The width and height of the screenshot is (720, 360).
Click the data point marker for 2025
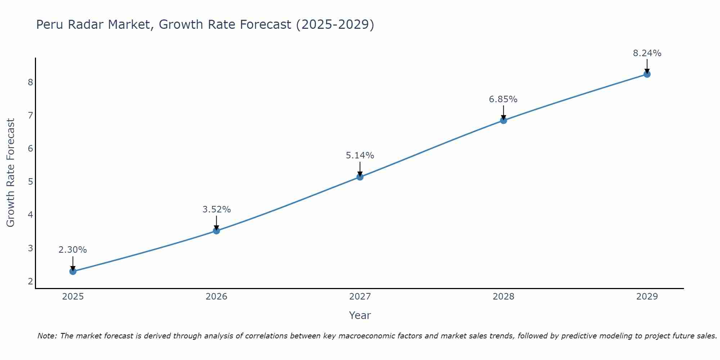[73, 271]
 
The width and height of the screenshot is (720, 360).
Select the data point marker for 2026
[216, 231]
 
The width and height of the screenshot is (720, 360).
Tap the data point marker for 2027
[360, 177]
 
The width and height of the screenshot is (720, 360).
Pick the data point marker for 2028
[503, 120]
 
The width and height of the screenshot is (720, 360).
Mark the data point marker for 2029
[647, 74]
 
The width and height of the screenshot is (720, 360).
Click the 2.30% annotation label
[73, 250]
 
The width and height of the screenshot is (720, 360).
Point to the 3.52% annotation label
[216, 210]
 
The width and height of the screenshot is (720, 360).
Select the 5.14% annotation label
[360, 156]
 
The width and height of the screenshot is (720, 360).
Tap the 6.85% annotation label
[503, 99]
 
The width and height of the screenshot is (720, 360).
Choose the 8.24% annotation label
[647, 53]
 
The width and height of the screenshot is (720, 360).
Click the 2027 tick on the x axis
[360, 297]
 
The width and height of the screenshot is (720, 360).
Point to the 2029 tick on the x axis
[647, 297]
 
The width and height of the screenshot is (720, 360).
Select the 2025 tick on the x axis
[73, 297]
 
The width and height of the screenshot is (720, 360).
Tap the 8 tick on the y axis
[30, 82]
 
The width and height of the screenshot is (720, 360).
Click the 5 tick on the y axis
[30, 182]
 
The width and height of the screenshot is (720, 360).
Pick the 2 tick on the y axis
[30, 281]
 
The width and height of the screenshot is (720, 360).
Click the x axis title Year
[360, 315]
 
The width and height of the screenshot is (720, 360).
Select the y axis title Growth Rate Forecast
[11, 173]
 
